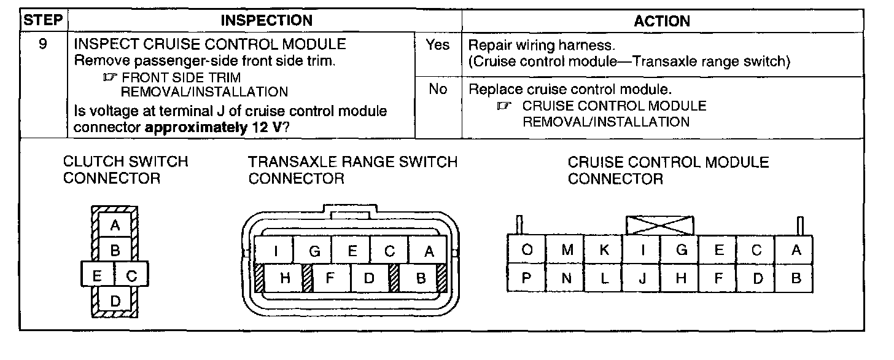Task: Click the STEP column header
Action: pos(43,20)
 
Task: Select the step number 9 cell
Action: pos(43,45)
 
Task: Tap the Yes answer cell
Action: pos(438,45)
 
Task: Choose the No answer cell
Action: pos(438,90)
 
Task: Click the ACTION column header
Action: pos(661,21)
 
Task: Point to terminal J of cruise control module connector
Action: pos(643,278)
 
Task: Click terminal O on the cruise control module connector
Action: pos(527,250)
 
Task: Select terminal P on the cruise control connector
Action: pos(527,278)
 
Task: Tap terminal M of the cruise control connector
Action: pos(566,250)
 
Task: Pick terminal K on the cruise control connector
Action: pos(604,250)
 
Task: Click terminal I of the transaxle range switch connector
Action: pos(276,251)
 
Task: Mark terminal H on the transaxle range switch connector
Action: pos(285,278)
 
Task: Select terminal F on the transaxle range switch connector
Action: pos(330,278)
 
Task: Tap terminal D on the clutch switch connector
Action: pos(115,301)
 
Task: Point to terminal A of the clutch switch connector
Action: pos(115,225)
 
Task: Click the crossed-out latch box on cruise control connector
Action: pos(659,225)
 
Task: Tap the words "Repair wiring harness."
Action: pos(541,45)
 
